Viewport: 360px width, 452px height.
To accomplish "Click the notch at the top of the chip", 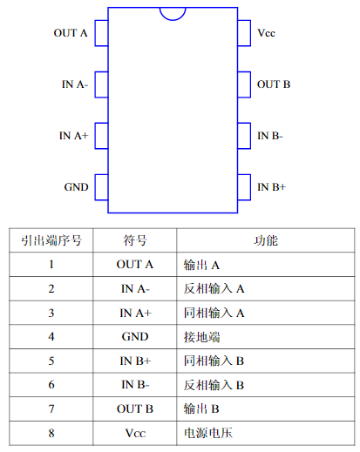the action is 173,20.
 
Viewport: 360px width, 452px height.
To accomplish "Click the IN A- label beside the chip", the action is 75,84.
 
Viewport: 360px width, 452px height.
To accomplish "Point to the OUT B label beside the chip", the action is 274,84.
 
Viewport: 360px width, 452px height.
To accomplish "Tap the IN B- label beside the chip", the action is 270,136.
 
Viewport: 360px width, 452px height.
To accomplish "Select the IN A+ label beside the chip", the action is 73,136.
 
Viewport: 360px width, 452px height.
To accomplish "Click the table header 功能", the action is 266,240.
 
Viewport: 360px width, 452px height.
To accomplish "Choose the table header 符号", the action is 135,240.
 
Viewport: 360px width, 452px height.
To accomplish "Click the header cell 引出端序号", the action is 51,240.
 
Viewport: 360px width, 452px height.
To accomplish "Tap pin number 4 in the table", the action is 51,337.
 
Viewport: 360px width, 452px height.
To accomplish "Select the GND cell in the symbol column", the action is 135,337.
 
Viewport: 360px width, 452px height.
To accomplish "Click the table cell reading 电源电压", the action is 208,433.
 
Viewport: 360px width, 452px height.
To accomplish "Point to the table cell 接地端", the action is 201,337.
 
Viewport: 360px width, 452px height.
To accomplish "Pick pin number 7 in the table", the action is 51,408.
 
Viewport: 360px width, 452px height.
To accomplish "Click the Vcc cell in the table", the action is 135,433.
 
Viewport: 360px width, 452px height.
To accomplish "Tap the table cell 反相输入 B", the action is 214,385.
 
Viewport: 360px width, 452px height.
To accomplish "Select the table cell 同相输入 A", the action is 214,313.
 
